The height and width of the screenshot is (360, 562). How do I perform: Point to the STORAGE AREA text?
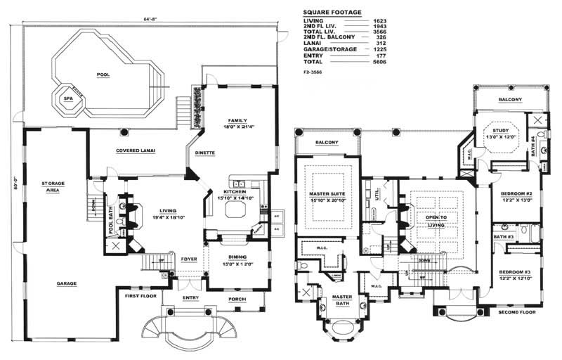pyautogui.click(x=53, y=187)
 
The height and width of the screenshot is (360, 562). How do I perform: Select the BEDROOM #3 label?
pyautogui.click(x=515, y=271)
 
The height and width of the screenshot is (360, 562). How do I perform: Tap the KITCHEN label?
pyautogui.click(x=233, y=192)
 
